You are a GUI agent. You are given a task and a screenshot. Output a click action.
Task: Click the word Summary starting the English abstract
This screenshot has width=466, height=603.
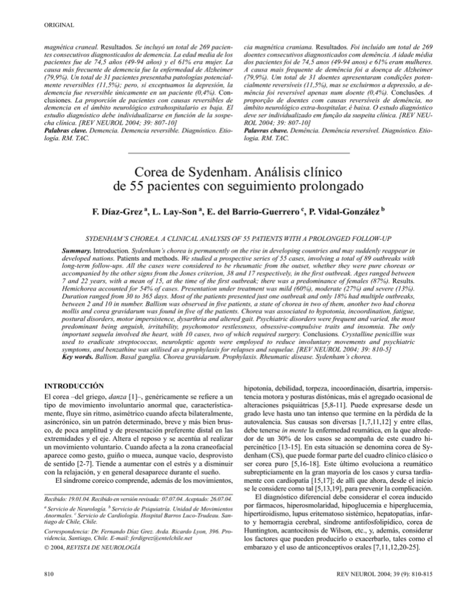tap(83, 249)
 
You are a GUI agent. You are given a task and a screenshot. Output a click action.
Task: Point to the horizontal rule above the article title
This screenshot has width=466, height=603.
tap(232, 152)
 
